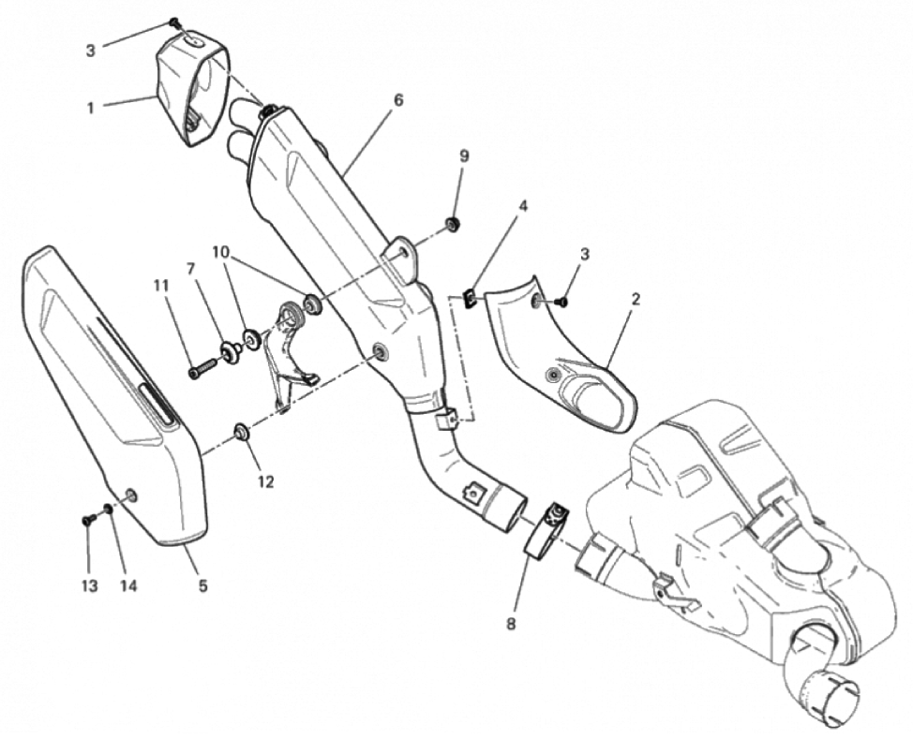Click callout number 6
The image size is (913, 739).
tap(397, 100)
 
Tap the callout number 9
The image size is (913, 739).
tap(464, 155)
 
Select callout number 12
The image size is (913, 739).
tap(265, 481)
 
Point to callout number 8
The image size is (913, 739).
tap(511, 625)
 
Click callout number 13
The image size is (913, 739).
tap(90, 586)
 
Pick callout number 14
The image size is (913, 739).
tap(128, 586)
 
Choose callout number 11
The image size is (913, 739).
tap(161, 285)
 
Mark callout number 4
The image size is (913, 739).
tap(523, 206)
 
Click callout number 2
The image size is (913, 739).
tap(636, 299)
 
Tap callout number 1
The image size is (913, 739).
tap(90, 108)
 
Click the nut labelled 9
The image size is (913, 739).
tap(451, 224)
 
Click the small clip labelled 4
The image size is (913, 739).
tap(470, 300)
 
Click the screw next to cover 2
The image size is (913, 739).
tap(561, 302)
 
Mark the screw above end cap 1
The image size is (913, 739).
tap(174, 22)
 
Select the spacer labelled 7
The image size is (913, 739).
tap(229, 352)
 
